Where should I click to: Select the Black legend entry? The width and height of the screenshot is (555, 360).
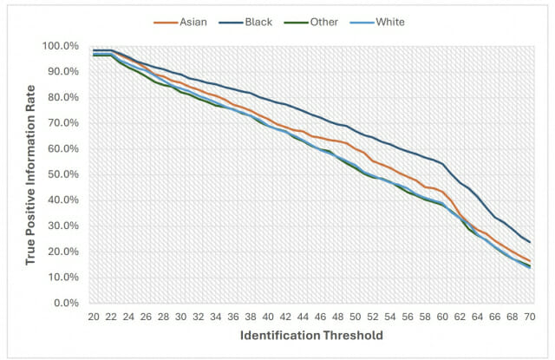[x=258, y=21]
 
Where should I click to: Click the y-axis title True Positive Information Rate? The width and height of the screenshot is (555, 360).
[x=31, y=174]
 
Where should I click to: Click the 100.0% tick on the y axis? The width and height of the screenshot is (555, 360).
[x=67, y=46]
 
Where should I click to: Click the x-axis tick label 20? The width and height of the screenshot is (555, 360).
[x=94, y=317]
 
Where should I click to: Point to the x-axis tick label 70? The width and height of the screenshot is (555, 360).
[x=530, y=317]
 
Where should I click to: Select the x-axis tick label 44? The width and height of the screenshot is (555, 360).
[x=303, y=317]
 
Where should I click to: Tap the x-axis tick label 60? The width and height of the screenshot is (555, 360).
[x=442, y=317]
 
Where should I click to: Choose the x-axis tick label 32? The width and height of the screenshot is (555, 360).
[x=199, y=317]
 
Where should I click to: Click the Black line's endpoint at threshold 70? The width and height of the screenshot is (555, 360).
[x=530, y=242]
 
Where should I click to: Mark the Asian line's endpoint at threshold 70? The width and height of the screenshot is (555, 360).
[x=530, y=261]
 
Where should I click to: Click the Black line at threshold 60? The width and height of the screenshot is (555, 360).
[x=442, y=163]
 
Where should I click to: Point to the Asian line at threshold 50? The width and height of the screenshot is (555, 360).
[x=356, y=148]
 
